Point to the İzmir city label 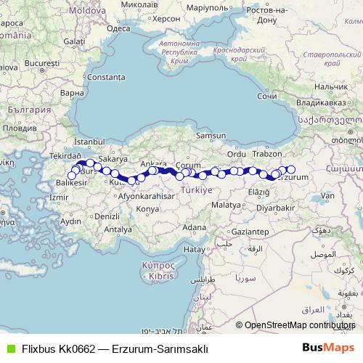pyautogui.click(x=57, y=197)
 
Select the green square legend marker pyautogui.click(x=9, y=348)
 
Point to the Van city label pyautogui.click(x=328, y=196)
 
